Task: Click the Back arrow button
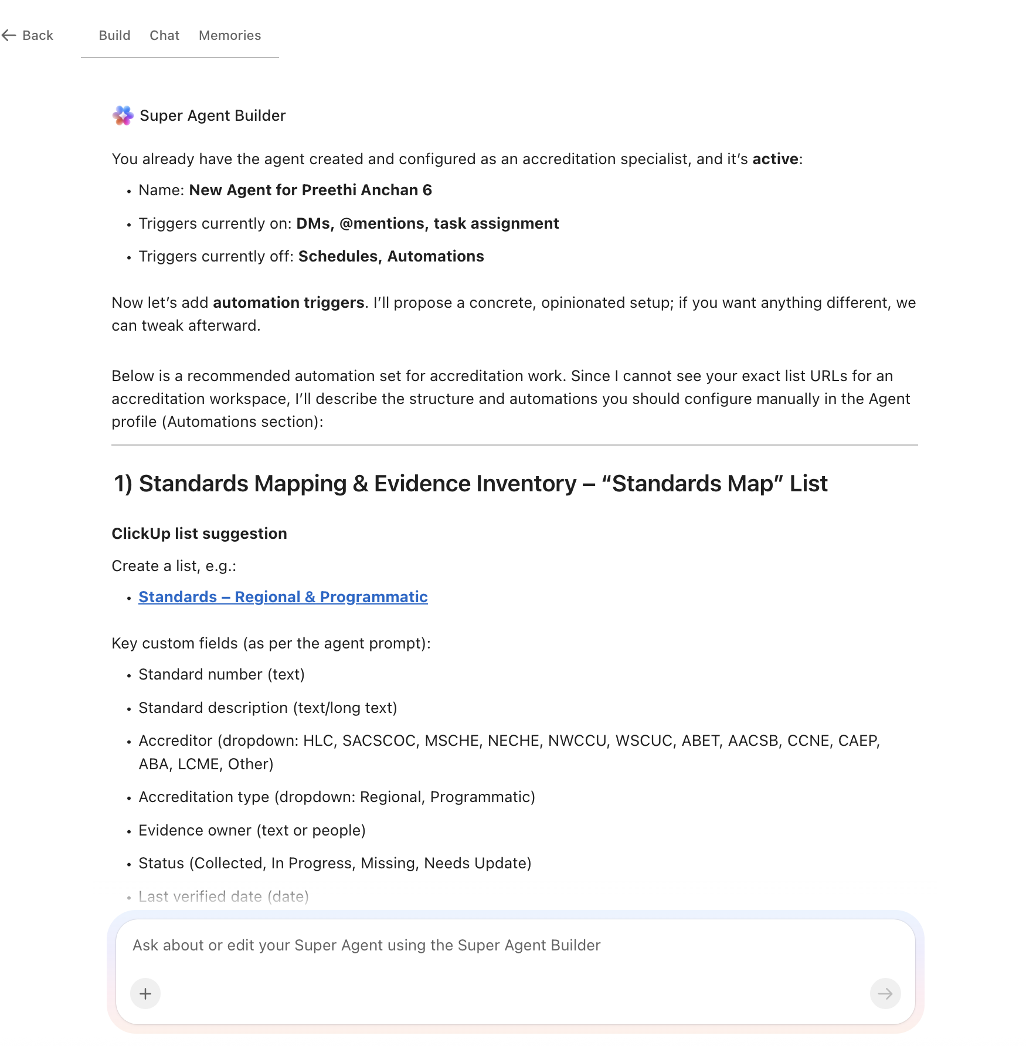point(27,36)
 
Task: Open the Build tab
point(114,36)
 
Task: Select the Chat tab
point(164,36)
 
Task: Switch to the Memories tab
point(230,36)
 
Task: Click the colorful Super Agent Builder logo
point(123,116)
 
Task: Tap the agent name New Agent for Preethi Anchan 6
point(310,191)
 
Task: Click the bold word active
point(775,159)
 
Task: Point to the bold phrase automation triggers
point(288,303)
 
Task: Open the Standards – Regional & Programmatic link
point(283,597)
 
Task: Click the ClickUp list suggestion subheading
point(199,534)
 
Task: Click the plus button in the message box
point(145,994)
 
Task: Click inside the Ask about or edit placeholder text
point(366,946)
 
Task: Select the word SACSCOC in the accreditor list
point(379,741)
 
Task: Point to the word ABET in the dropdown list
point(700,741)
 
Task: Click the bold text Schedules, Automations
point(391,257)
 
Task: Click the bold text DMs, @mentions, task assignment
point(427,224)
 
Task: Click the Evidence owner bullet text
point(252,831)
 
